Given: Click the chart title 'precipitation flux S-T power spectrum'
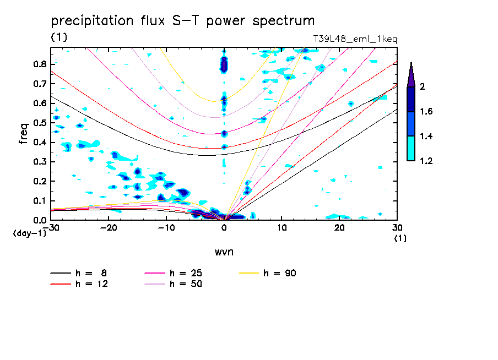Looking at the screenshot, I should click(x=183, y=21).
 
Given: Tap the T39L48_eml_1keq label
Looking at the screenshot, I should click(x=355, y=39).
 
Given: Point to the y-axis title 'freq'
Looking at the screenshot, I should click(x=23, y=134).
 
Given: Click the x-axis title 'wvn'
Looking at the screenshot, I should click(x=223, y=252).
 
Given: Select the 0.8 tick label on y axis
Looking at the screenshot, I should click(x=39, y=64).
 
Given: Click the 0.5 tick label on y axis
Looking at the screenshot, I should click(x=39, y=123).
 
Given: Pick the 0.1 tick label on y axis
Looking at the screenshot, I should click(x=39, y=201).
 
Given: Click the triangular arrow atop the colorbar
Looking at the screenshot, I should click(x=411, y=74).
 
